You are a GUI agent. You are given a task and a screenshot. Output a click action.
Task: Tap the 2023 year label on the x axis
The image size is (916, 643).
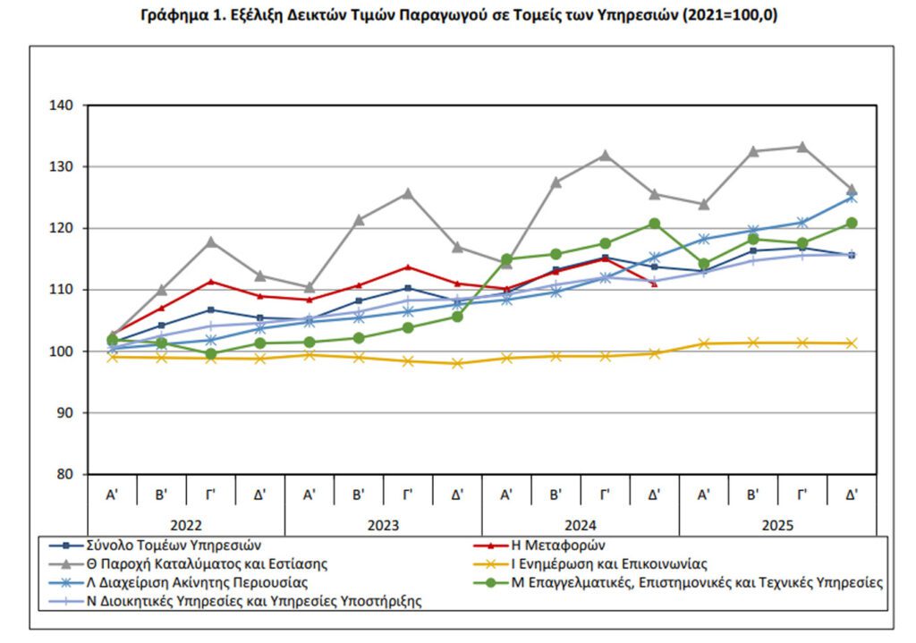point(383,525)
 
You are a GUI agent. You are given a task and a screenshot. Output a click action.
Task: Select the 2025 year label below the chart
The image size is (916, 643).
point(777,525)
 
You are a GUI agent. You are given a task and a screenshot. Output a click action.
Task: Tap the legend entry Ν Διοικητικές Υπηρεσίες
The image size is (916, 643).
point(255,602)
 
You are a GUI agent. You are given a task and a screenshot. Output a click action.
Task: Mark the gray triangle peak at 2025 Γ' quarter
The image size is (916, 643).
point(802,147)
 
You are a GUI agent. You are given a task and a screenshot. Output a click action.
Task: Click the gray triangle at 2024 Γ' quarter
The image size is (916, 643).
point(605,155)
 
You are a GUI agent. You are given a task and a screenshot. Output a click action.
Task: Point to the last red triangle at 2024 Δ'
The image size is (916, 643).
point(654,283)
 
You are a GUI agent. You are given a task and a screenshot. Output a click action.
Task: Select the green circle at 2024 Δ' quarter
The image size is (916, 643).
point(654,224)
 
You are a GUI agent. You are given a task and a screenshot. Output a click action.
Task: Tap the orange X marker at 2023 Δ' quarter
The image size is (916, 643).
point(457,363)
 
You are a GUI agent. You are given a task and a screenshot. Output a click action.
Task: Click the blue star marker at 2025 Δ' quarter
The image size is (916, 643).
point(852,198)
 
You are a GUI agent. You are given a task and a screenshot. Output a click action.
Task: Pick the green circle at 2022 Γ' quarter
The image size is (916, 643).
point(211,354)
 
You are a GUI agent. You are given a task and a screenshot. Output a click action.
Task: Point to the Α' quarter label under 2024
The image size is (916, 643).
point(506,493)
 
